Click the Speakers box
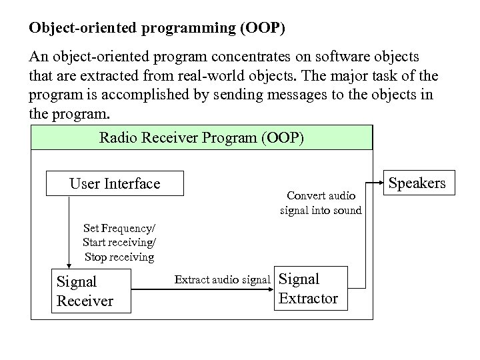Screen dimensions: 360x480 click(x=417, y=183)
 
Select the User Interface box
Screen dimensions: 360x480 click(x=115, y=183)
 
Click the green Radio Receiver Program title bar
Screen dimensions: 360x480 click(x=201, y=138)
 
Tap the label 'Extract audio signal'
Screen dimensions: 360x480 click(x=222, y=279)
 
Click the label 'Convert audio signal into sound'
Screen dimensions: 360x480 click(x=321, y=203)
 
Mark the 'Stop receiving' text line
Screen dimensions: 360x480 click(x=119, y=256)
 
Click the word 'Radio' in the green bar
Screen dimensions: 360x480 click(x=116, y=138)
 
